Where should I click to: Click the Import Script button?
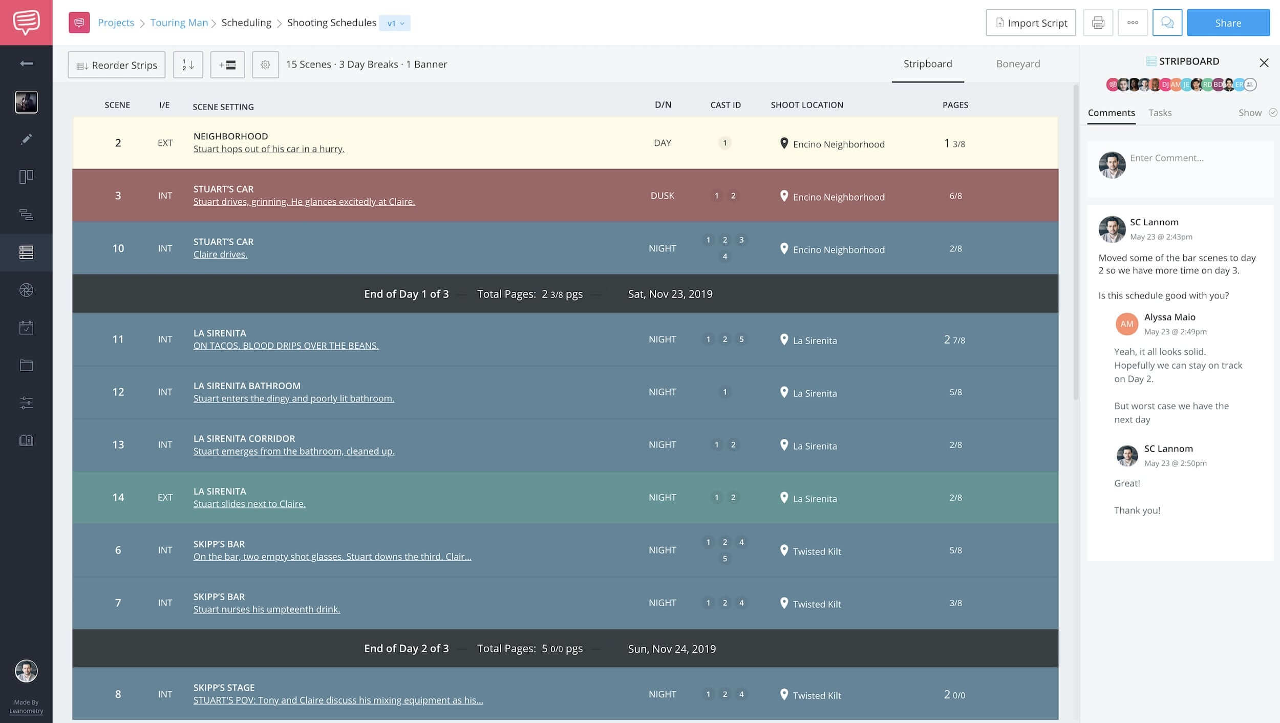pyautogui.click(x=1031, y=23)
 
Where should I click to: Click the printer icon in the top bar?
pyautogui.click(x=1098, y=23)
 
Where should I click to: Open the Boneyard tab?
pyautogui.click(x=1018, y=64)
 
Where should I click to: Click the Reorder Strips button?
pyautogui.click(x=117, y=65)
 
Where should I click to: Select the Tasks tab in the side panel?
pyautogui.click(x=1160, y=113)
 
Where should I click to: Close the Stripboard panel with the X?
pyautogui.click(x=1264, y=62)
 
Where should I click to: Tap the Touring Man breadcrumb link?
pyautogui.click(x=179, y=23)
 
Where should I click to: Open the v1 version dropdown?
pyautogui.click(x=395, y=23)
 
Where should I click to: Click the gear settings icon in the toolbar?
pyautogui.click(x=265, y=65)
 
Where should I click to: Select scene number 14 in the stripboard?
pyautogui.click(x=118, y=497)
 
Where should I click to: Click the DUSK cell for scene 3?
pyautogui.click(x=662, y=196)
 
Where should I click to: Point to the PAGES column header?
pyautogui.click(x=955, y=105)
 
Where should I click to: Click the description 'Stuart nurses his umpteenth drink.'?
pyautogui.click(x=267, y=609)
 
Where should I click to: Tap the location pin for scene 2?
pyautogui.click(x=784, y=143)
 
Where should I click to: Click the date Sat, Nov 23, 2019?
pyautogui.click(x=670, y=294)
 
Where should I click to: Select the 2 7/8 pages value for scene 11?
pyautogui.click(x=954, y=339)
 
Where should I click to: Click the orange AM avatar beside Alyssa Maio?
pyautogui.click(x=1126, y=324)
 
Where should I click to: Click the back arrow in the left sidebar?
pyautogui.click(x=26, y=63)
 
